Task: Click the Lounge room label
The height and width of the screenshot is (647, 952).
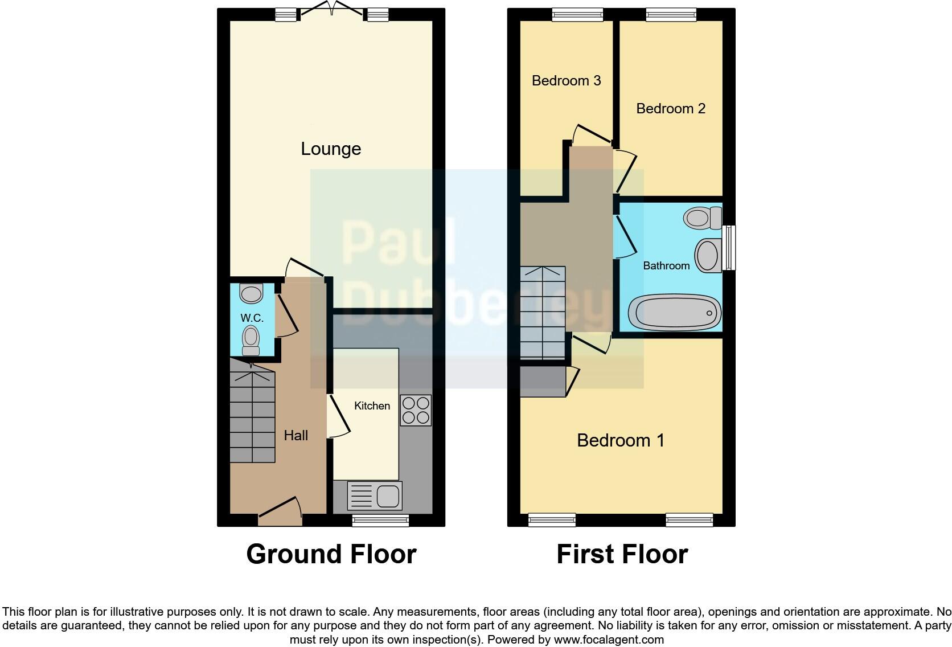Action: click(x=331, y=149)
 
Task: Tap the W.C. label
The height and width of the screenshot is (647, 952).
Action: click(x=252, y=318)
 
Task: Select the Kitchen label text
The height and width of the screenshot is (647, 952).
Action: click(x=372, y=406)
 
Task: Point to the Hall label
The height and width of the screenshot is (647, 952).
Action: click(x=296, y=435)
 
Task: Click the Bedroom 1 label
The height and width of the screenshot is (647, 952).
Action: click(x=621, y=440)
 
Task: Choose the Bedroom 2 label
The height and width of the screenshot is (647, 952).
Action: click(x=671, y=108)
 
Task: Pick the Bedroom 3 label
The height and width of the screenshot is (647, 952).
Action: click(x=566, y=80)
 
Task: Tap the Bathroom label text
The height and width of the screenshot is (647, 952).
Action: click(x=666, y=265)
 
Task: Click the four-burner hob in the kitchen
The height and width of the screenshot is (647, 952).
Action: click(x=416, y=411)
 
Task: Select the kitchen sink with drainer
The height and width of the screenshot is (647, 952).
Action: click(x=375, y=496)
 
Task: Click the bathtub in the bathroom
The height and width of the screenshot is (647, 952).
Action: click(x=675, y=312)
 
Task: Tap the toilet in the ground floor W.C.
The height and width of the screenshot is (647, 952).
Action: click(x=251, y=339)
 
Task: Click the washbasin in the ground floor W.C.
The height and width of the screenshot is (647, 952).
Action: click(x=251, y=294)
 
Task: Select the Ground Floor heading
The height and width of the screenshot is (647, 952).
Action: click(x=331, y=554)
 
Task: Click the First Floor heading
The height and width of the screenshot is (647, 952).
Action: click(x=622, y=554)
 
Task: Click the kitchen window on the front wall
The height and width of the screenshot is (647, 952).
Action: click(x=380, y=519)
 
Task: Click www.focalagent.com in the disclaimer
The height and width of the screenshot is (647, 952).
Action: click(x=608, y=640)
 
